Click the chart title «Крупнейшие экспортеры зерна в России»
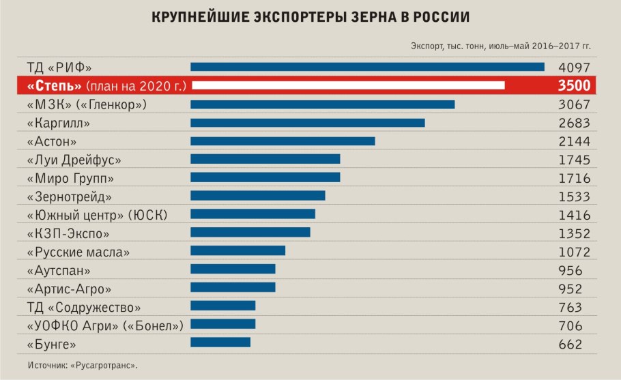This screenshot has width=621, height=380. tap(310, 17)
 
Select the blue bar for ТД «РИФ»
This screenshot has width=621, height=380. tap(367, 67)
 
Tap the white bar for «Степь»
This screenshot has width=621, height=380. tap(347, 85)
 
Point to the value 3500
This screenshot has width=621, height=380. tap(574, 85)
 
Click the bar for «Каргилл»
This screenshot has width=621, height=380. tap(308, 123)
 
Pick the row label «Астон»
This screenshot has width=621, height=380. tap(51, 142)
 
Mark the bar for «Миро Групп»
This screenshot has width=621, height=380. tap(265, 177)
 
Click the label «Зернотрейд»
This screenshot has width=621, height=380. tap(69, 196)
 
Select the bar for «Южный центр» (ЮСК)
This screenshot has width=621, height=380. tap(252, 214)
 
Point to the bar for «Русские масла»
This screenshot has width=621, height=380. tap(237, 251)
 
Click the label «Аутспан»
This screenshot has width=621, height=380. tap(59, 270)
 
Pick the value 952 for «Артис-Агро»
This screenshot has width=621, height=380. tap(571, 288)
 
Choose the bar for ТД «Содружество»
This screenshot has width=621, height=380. tap(222, 306)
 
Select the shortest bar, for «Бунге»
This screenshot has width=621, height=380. tap(220, 342)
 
